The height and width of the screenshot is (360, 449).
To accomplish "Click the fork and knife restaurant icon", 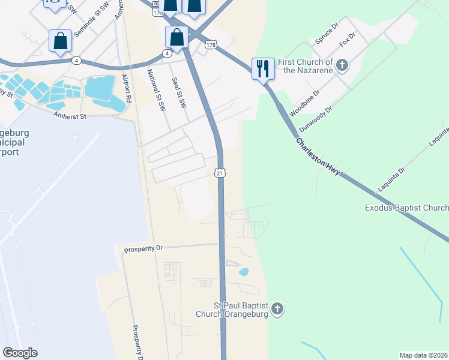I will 263,68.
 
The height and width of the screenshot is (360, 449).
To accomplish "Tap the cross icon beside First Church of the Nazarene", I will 342,65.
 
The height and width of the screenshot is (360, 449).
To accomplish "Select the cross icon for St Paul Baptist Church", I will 277,310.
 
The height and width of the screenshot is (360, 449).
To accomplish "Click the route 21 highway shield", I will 220,173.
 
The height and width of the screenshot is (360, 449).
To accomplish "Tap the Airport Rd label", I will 127,88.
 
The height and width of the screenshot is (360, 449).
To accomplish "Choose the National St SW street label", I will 155,91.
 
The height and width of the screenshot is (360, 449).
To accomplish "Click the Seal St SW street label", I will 179,92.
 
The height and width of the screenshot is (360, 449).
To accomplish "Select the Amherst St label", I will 70,115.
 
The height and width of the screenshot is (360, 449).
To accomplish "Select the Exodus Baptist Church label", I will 406,208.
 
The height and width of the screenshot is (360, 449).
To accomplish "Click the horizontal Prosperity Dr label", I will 143,248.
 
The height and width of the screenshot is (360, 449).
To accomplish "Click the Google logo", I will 20,353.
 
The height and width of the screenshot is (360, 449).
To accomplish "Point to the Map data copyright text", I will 423,355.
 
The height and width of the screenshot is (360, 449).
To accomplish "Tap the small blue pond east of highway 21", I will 244,272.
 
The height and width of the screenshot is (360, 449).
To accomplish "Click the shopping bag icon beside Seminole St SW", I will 60,41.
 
